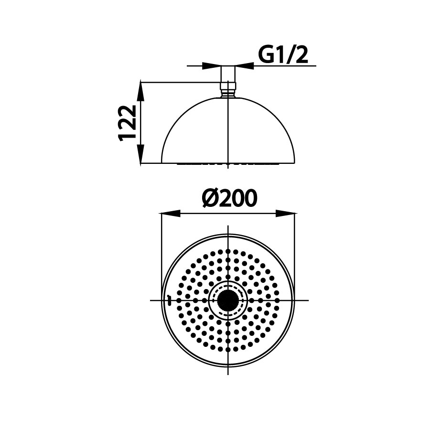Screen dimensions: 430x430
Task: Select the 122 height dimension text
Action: (129, 123)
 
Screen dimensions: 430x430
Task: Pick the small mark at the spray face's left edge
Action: (169, 300)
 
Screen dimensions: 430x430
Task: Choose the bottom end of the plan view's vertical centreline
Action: (229, 374)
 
